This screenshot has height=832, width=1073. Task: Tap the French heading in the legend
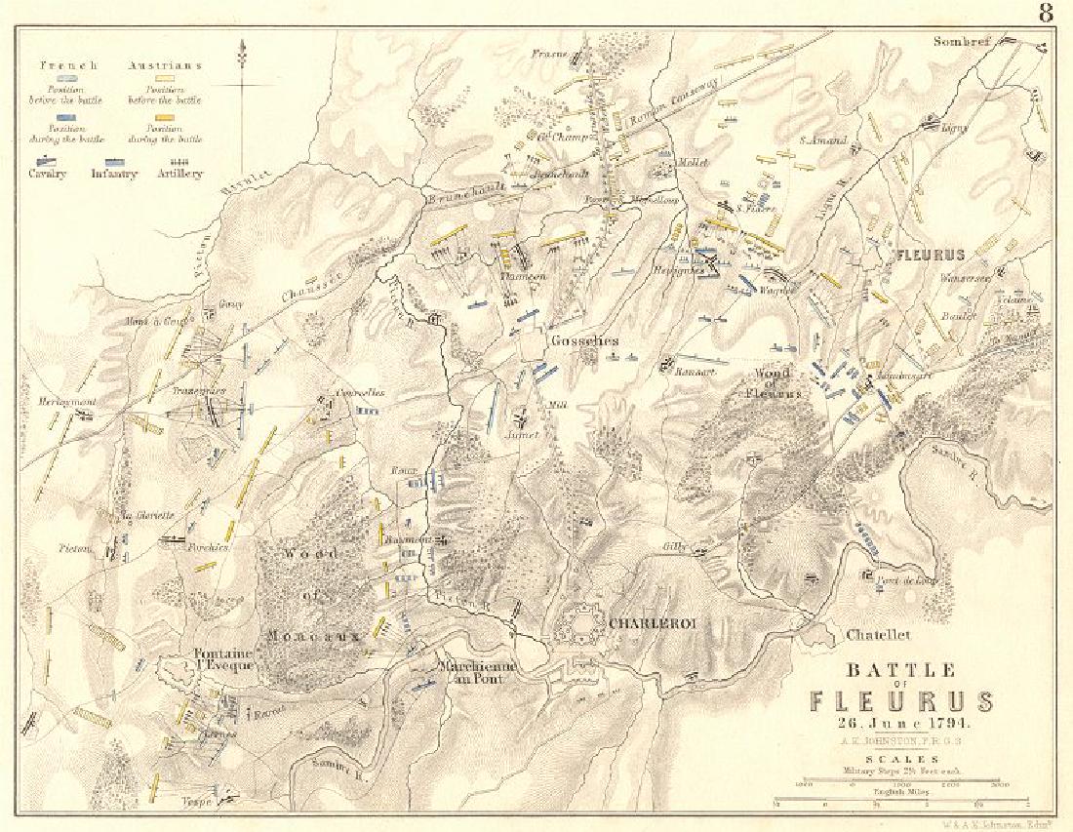click(x=68, y=65)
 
